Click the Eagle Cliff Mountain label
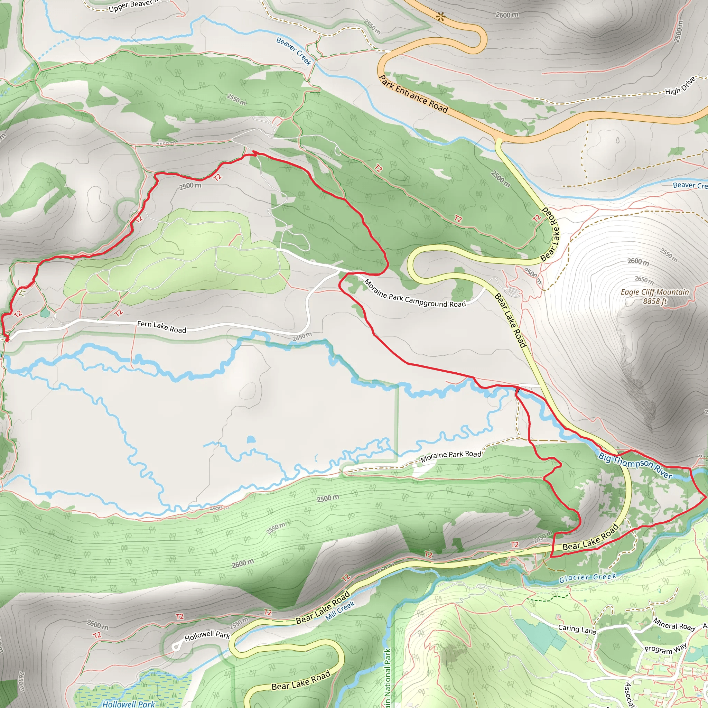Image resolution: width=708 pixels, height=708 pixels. [655, 292]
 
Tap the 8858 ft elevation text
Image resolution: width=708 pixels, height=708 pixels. [655, 301]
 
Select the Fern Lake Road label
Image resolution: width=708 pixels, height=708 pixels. [161, 327]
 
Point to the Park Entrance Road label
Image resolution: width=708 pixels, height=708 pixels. [413, 94]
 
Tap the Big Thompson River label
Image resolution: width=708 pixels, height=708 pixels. [635, 466]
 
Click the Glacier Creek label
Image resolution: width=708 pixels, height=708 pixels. [587, 578]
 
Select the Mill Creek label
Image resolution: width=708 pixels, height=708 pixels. [340, 611]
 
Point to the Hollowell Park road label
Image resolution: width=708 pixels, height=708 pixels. [207, 636]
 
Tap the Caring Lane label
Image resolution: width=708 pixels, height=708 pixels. [577, 629]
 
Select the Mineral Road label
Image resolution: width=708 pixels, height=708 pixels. [674, 624]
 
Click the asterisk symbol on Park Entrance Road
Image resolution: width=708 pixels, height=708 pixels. [441, 17]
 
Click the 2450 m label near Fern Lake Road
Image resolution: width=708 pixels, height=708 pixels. [302, 336]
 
